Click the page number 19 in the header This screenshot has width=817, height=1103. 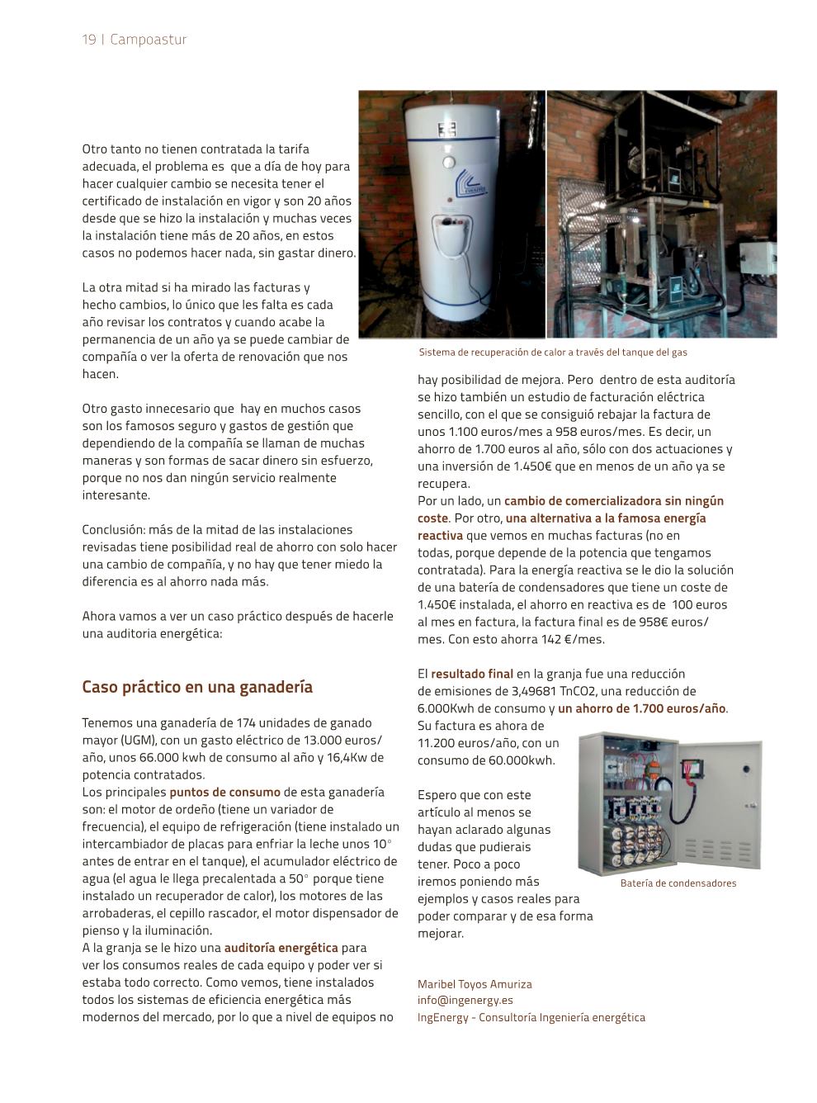[x=88, y=40]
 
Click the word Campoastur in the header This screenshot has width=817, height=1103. [x=149, y=40]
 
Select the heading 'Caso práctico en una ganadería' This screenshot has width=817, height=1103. [x=197, y=687]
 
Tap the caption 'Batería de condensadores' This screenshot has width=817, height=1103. [x=678, y=883]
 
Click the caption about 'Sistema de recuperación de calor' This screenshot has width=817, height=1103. [x=553, y=353]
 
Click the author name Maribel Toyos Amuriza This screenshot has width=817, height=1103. [x=475, y=984]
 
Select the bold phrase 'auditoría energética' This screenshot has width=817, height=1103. [x=281, y=948]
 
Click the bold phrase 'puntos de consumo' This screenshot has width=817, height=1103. [x=224, y=792]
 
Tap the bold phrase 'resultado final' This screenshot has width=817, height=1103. [x=471, y=674]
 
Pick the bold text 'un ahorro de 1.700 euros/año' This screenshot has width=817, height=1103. [x=641, y=708]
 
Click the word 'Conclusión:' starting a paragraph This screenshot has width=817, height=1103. [x=115, y=529]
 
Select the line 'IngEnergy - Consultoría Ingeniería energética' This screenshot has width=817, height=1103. [x=531, y=1017]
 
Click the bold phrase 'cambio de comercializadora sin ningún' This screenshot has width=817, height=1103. [x=613, y=500]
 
